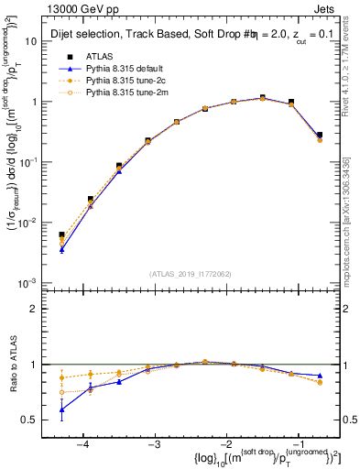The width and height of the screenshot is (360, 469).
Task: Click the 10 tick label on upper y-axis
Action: (31, 41)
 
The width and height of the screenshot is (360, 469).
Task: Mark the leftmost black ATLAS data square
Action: (61, 234)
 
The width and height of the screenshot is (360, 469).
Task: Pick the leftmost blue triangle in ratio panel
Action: (61, 409)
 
